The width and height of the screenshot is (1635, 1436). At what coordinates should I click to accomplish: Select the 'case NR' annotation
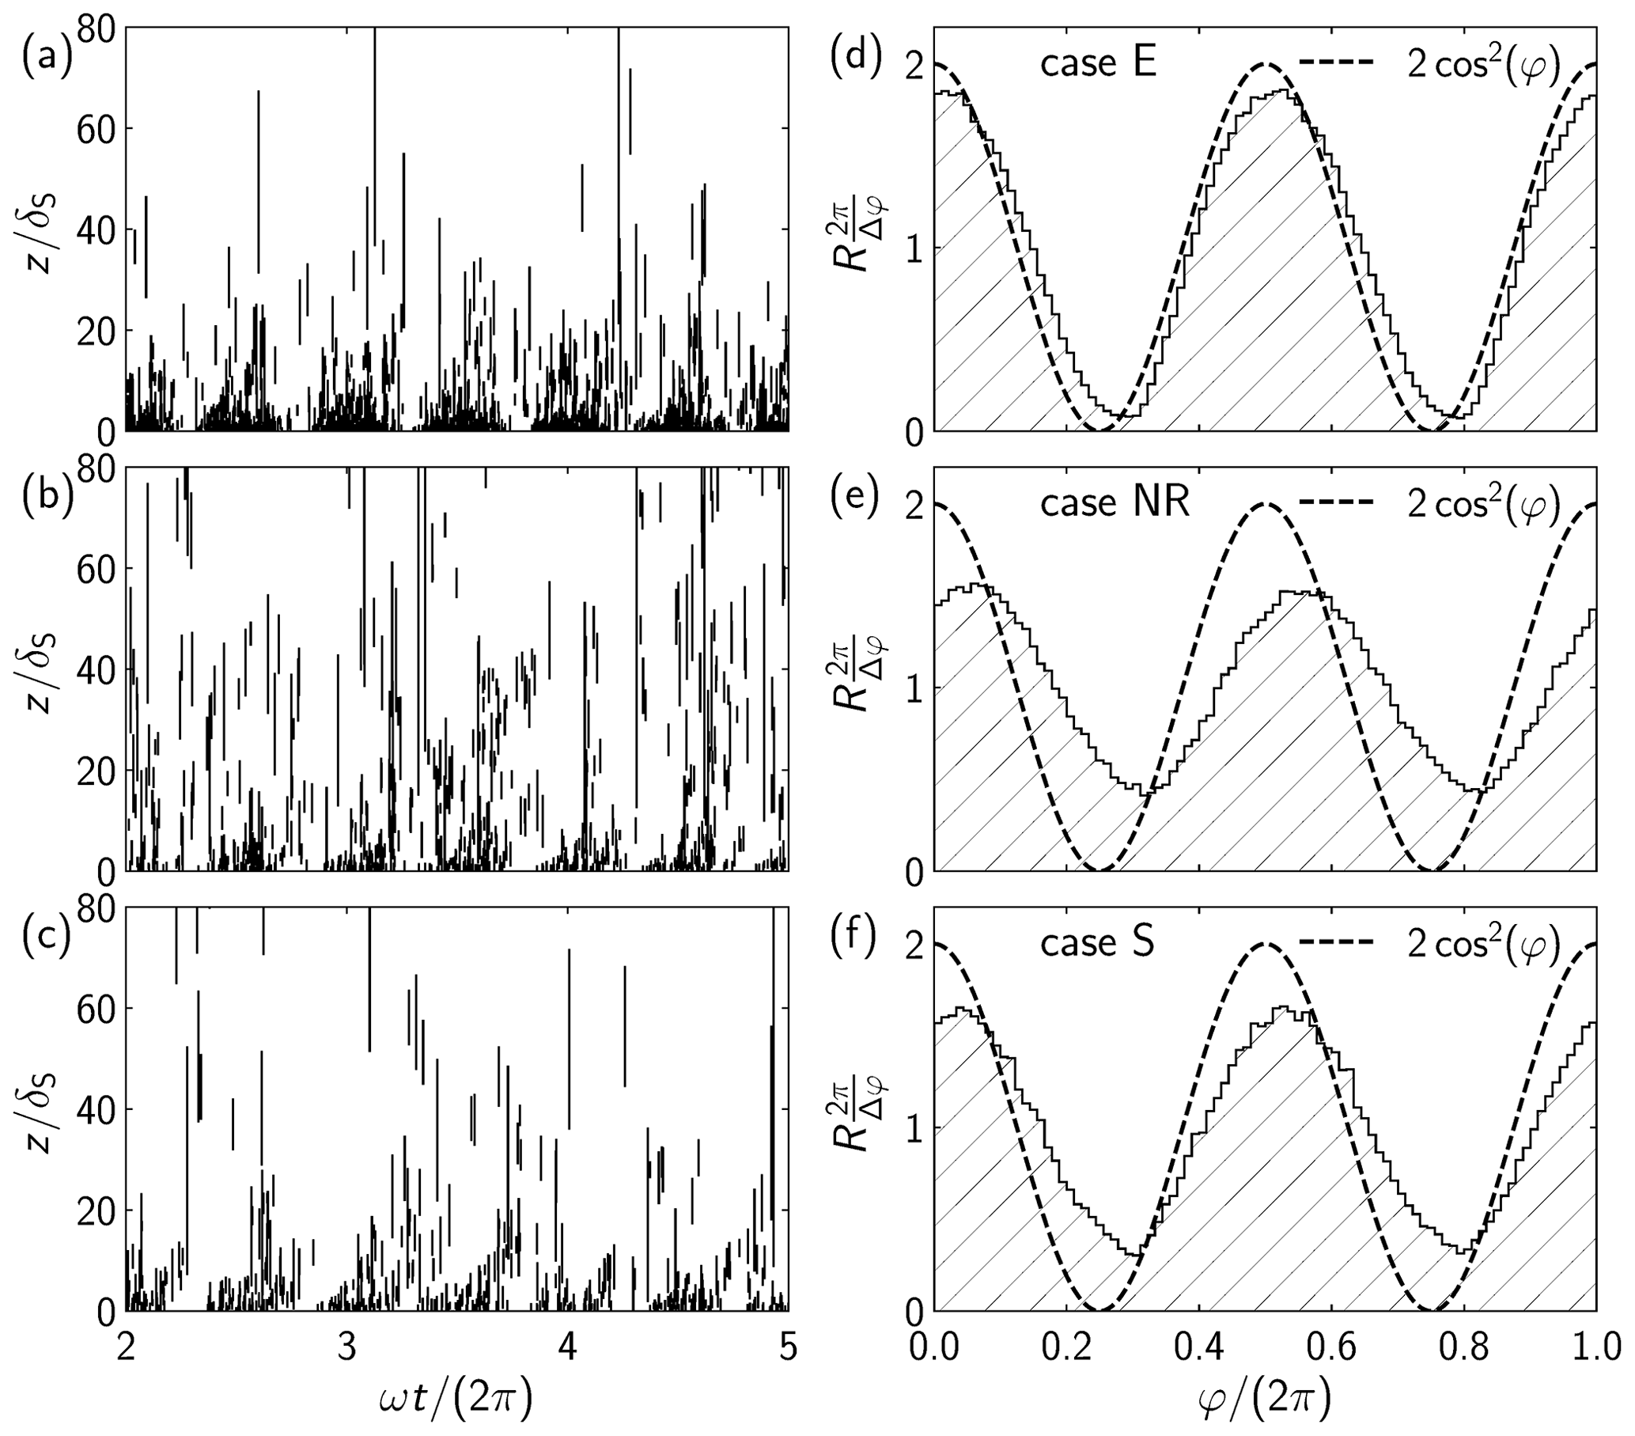(x=1115, y=503)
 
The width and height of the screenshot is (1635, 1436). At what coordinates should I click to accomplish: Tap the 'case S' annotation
(x=1097, y=943)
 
